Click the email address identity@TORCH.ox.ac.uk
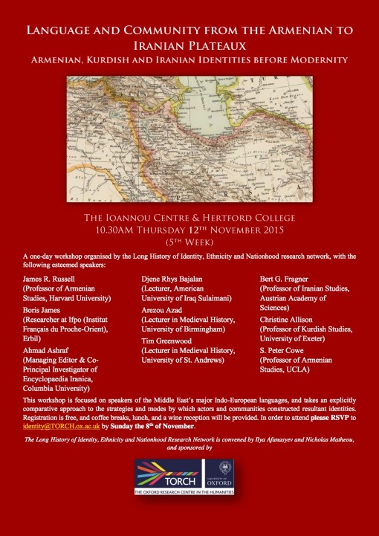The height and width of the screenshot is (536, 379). point(56,426)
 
